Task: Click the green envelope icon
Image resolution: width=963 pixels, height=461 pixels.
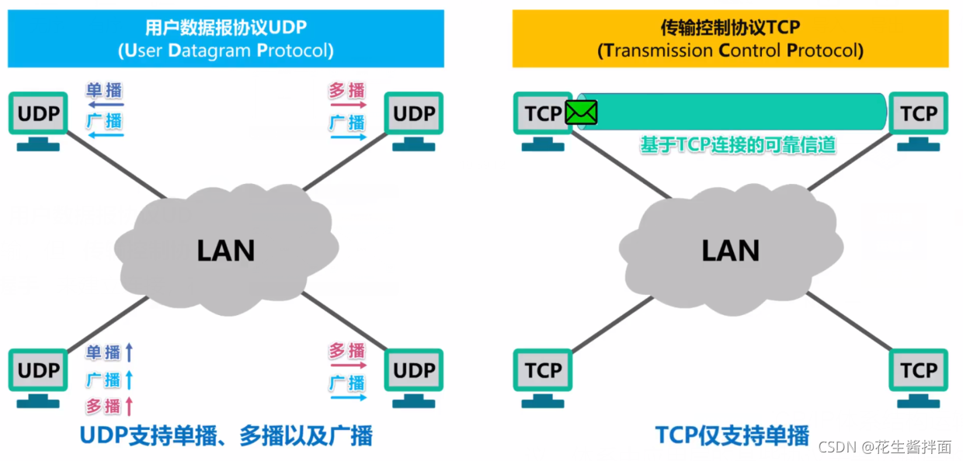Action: [581, 113]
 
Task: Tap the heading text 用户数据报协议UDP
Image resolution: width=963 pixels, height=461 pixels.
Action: [225, 28]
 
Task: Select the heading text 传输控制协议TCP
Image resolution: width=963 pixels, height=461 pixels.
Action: [730, 28]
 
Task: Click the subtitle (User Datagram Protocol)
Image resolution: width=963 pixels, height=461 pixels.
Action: [225, 51]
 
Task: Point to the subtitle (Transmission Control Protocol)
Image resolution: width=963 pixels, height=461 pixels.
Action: [730, 51]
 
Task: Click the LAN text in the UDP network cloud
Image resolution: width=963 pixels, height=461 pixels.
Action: [225, 250]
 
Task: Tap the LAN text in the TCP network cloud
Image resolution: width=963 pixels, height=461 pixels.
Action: [730, 250]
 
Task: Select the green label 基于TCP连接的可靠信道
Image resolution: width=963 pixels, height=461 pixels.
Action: [737, 144]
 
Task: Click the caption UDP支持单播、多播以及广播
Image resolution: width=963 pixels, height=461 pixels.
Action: [225, 435]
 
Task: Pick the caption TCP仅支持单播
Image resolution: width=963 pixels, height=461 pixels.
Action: [732, 435]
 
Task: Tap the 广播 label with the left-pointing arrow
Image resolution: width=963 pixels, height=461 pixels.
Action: [104, 121]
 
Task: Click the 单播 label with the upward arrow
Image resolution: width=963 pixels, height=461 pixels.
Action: [104, 352]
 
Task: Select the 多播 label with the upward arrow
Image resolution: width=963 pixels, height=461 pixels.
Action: [104, 405]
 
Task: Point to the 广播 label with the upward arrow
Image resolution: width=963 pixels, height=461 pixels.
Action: [104, 380]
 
